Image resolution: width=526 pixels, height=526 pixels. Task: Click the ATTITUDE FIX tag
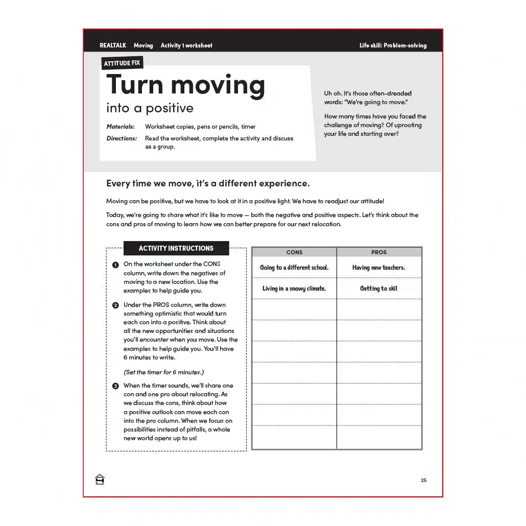click(x=122, y=63)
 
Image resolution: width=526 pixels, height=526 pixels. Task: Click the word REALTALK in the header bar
click(x=113, y=45)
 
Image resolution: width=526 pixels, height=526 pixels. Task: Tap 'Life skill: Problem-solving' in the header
click(x=393, y=45)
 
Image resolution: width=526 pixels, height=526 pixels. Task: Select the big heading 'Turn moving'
click(x=185, y=84)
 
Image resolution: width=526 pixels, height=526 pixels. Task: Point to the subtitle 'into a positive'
click(x=150, y=108)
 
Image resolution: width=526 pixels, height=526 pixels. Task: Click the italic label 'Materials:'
click(x=121, y=127)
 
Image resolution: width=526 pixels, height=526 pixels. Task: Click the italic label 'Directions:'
click(x=122, y=138)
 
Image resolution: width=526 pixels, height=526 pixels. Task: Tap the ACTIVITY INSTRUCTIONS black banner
click(x=176, y=248)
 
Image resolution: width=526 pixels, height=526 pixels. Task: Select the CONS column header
click(x=294, y=252)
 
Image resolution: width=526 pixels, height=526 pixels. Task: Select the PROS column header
click(x=379, y=252)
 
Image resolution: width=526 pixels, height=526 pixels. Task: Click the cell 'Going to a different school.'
click(x=294, y=268)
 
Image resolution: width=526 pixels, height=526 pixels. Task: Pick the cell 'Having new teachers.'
click(x=378, y=268)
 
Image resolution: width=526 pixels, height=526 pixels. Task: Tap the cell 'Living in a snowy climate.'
click(x=294, y=289)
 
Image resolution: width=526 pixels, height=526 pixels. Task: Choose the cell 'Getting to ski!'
click(x=378, y=289)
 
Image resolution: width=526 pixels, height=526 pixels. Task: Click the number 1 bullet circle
click(x=115, y=265)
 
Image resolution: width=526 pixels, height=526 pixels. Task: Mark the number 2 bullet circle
click(x=115, y=305)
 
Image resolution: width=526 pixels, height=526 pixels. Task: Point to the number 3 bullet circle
click(x=115, y=386)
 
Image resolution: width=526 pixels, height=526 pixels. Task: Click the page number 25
click(x=423, y=480)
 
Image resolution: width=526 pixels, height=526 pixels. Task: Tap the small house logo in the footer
click(x=100, y=480)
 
